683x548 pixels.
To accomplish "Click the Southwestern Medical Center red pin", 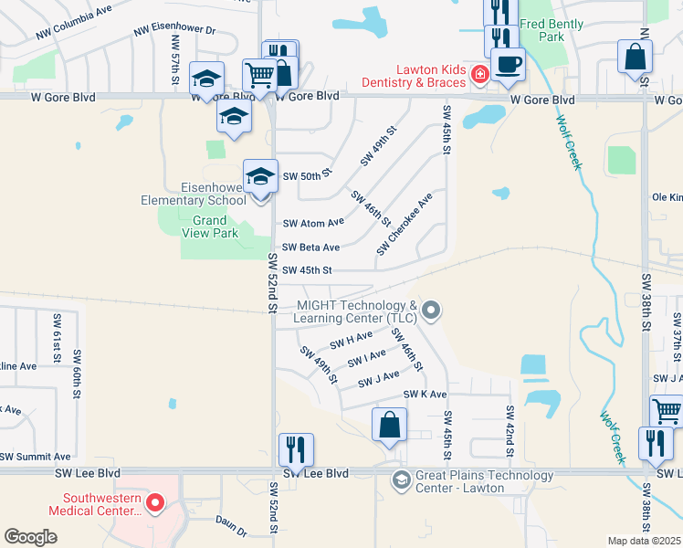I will (155, 502).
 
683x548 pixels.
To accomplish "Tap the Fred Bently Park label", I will (554, 30).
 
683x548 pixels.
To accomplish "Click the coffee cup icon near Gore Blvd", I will (508, 64).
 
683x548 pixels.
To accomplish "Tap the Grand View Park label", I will (209, 227).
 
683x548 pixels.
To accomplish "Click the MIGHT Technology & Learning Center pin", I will (433, 311).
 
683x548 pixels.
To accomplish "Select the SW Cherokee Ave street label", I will (405, 224).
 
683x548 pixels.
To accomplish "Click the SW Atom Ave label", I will (313, 222).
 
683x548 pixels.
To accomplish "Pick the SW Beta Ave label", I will (310, 248).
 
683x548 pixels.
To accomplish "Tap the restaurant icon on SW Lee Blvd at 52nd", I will (296, 449).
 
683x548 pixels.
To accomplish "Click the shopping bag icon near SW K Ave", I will (389, 425).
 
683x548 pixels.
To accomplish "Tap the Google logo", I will (30, 537).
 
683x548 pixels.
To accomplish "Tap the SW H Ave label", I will (351, 342).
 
